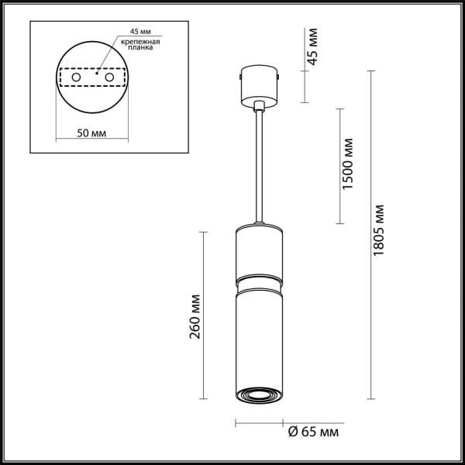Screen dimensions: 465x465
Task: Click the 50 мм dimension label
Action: coord(92,133)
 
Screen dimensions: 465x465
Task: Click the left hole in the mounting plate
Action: coord(75,78)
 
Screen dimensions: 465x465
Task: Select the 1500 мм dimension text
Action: coord(350,164)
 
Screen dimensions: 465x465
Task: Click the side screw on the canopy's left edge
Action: coord(241,77)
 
